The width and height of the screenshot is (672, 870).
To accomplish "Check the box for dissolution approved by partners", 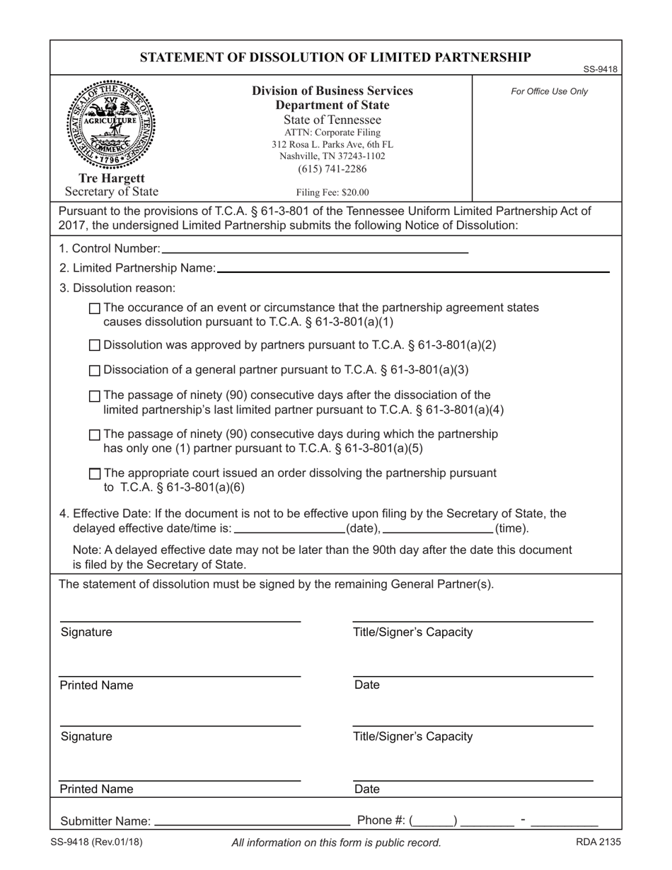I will click(x=95, y=346).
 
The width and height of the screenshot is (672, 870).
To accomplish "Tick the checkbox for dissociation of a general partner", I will click(x=95, y=371).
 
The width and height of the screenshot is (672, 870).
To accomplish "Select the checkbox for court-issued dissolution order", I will click(x=95, y=474).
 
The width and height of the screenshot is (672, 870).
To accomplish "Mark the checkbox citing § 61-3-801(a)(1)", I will click(x=95, y=308).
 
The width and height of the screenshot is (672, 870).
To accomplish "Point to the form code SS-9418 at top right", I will click(x=601, y=69).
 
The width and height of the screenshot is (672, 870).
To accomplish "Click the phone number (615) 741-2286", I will click(x=332, y=169).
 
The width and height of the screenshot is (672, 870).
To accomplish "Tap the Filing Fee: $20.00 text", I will click(x=332, y=192).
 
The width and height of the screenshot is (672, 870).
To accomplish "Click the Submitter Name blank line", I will click(x=252, y=822).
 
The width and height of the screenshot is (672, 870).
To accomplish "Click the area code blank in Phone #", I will click(x=434, y=821).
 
